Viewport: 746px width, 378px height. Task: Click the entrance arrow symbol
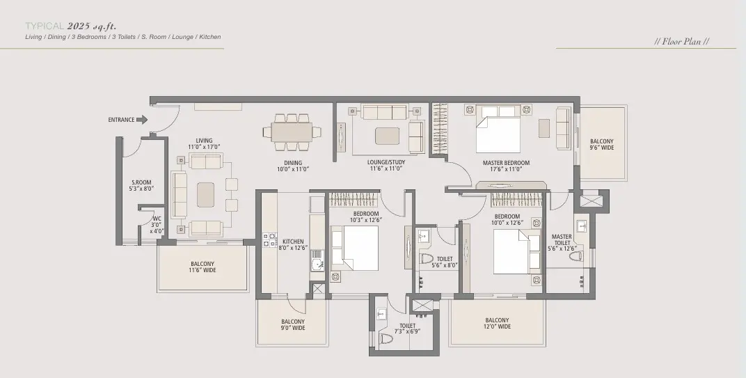coord(142,120)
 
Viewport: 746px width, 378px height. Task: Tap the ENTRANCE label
coord(121,120)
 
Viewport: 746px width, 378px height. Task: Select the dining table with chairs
coord(292,132)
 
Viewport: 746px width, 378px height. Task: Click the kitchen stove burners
coord(270,240)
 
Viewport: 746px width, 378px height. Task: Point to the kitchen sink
coord(317,261)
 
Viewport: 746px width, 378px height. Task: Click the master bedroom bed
coord(498,129)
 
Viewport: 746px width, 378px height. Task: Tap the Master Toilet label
coord(562,239)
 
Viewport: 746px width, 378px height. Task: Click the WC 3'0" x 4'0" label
coord(157,225)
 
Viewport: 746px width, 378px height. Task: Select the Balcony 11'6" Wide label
coord(203,267)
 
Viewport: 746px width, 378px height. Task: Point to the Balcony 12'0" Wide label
coord(497,324)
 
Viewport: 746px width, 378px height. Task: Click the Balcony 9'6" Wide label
coord(602,144)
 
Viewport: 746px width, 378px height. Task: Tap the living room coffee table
coord(205,195)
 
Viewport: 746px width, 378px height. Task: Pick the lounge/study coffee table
coord(388,136)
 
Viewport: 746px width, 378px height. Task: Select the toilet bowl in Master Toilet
coord(576,256)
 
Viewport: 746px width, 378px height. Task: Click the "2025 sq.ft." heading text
coord(92,26)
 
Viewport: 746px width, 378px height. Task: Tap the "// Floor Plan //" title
coord(682,41)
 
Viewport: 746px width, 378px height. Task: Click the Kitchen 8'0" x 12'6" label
coord(293,245)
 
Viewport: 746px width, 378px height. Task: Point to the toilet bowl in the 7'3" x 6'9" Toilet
coord(386,338)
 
